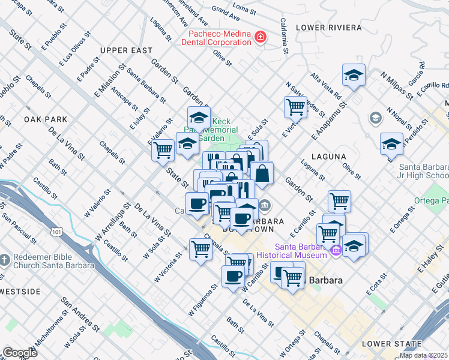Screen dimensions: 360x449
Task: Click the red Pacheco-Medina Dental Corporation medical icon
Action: tap(260, 38)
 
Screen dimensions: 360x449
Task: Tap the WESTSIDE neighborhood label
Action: tap(20, 292)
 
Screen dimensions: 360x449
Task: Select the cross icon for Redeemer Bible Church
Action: tap(5, 260)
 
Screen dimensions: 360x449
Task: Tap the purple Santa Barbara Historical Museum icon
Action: tap(336, 250)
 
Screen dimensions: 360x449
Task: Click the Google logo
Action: tap(19, 353)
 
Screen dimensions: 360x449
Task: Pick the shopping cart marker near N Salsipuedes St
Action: tap(295, 107)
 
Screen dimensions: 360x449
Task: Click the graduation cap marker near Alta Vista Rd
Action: tap(354, 75)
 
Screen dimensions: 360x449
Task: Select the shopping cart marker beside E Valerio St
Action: tap(163, 149)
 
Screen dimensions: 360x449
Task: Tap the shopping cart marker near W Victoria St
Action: tap(201, 248)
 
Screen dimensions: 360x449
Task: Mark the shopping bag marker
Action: tap(262, 173)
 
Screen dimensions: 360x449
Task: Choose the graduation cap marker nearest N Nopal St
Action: tap(391, 143)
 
